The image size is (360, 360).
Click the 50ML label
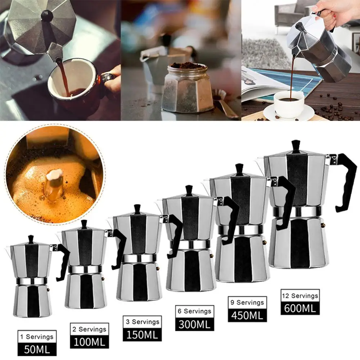[x=37, y=348]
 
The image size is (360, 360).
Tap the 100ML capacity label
[x=89, y=341]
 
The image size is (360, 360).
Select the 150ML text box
[x=142, y=334]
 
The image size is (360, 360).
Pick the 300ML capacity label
[x=195, y=324]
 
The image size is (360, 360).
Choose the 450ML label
[x=247, y=315]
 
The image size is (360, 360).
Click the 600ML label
[x=300, y=308]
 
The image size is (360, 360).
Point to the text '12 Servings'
[x=300, y=296]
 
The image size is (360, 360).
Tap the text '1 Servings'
[x=37, y=337]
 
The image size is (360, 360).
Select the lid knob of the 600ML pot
[x=296, y=146]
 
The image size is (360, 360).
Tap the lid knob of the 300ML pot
[x=189, y=190]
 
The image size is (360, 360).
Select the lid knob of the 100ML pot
[x=84, y=224]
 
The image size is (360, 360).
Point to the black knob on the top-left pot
[x=47, y=15]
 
